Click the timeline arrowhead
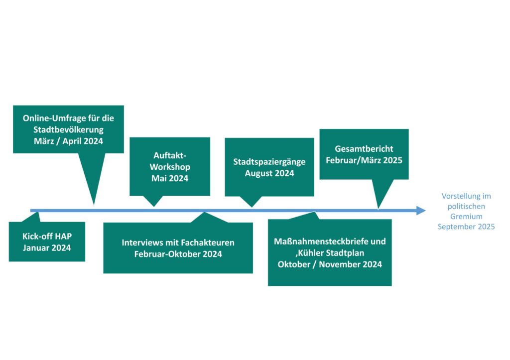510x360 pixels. [x=421, y=211]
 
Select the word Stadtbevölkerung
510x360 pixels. [x=68, y=130]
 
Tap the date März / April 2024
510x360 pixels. [x=68, y=141]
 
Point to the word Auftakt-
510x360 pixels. [x=170, y=155]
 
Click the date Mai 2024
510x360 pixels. [x=170, y=178]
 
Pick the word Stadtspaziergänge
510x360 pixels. [x=269, y=162]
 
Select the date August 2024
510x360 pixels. [x=269, y=173]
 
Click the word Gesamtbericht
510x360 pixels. [x=364, y=149]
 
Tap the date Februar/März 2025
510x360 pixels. [x=364, y=160]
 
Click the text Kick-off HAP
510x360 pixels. [x=47, y=237]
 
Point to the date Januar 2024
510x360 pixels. [x=47, y=248]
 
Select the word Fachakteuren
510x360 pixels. [x=208, y=242]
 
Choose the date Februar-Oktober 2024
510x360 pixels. [x=178, y=254]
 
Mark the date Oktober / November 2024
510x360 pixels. [x=330, y=264]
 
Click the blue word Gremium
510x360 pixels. [x=466, y=217]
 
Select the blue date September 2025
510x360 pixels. [x=466, y=227]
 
